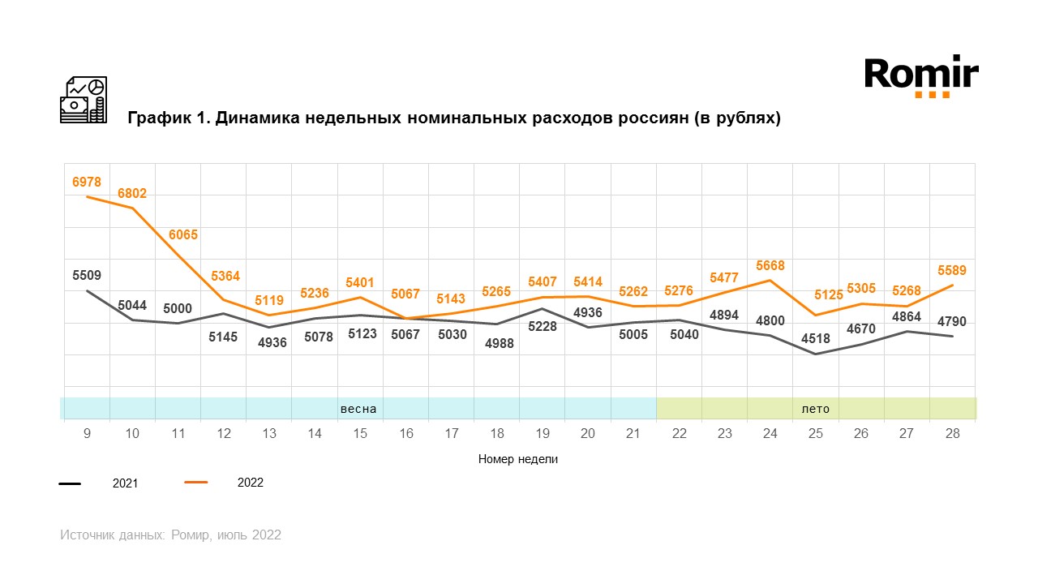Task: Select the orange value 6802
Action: pos(132,193)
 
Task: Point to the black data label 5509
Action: pos(87,275)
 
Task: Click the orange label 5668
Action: pos(770,265)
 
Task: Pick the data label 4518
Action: pos(816,361)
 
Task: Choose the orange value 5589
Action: pos(952,270)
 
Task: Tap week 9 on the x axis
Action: pos(87,434)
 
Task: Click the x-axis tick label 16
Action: pos(406,434)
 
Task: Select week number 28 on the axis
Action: pos(952,434)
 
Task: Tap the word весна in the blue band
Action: pos(358,409)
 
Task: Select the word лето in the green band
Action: pos(816,409)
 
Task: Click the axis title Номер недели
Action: pos(518,459)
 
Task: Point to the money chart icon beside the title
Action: pos(84,100)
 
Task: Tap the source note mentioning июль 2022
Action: pos(170,535)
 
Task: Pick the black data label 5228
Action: pos(543,326)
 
